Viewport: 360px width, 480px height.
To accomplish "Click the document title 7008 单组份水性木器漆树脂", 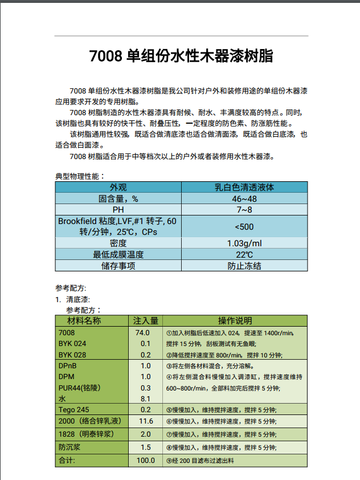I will (181, 56).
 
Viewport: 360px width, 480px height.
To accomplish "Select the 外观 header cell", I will (118, 187).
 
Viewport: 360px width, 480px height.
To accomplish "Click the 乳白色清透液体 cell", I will (244, 187).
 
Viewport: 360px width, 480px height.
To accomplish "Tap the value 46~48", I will (244, 198).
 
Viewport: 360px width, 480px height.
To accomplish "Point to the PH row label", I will (118, 209).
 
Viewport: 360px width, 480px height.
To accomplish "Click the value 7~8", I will (244, 209).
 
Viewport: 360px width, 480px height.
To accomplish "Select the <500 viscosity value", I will (244, 226).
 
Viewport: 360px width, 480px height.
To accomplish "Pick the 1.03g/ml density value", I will (244, 243).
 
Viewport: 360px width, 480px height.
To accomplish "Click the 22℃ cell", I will (244, 254).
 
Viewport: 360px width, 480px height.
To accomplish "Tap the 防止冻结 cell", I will (244, 266).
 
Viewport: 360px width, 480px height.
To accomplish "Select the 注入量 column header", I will (145, 320).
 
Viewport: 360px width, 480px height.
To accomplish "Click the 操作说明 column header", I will (235, 320).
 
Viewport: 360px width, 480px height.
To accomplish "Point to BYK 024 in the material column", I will (72, 343).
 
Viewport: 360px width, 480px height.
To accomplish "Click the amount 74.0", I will (142, 332).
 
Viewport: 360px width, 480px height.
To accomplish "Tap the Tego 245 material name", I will (74, 410).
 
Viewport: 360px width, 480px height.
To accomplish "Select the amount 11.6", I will (146, 421).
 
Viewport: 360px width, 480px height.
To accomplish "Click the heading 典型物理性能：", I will (80, 176).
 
